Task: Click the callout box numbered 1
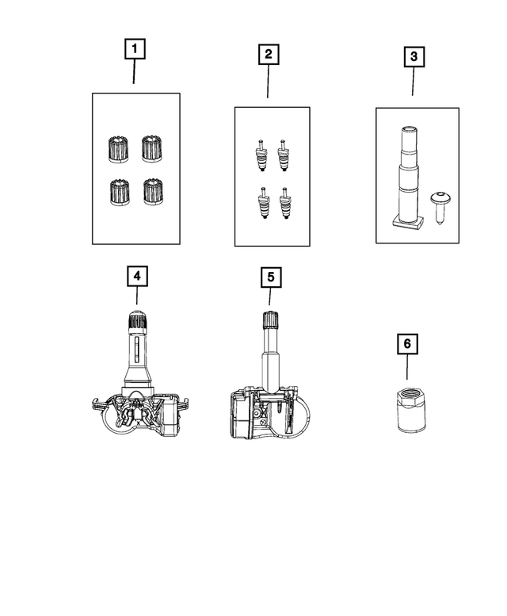(134, 50)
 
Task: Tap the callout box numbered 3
(412, 57)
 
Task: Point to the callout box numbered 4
(137, 275)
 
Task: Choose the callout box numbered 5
(269, 277)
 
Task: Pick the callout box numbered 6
(407, 344)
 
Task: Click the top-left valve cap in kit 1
(116, 148)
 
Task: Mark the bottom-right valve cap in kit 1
(151, 191)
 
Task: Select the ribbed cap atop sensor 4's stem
(137, 323)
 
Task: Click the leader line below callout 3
(412, 82)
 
